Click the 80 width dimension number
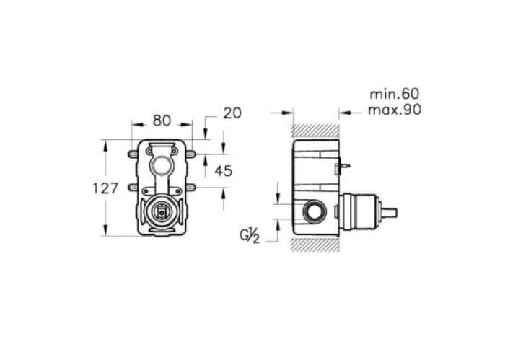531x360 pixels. click(162, 120)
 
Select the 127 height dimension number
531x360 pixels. click(105, 188)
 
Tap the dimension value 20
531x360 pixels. click(232, 113)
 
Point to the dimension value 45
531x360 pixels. click(224, 171)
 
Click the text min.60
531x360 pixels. click(394, 94)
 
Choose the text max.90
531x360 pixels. click(395, 110)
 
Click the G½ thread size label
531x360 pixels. click(250, 236)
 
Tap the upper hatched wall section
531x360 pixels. click(315, 131)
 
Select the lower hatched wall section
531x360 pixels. click(315, 245)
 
